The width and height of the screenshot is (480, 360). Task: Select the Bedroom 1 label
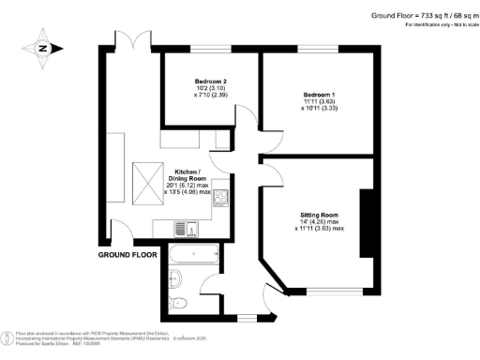[319, 95]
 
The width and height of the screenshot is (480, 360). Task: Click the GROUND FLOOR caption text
[126, 254]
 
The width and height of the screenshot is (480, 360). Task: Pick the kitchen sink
[186, 226]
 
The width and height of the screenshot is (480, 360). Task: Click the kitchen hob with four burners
[221, 198]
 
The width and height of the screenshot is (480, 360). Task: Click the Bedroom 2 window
[209, 49]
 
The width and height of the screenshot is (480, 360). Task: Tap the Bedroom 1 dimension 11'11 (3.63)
[319, 103]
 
